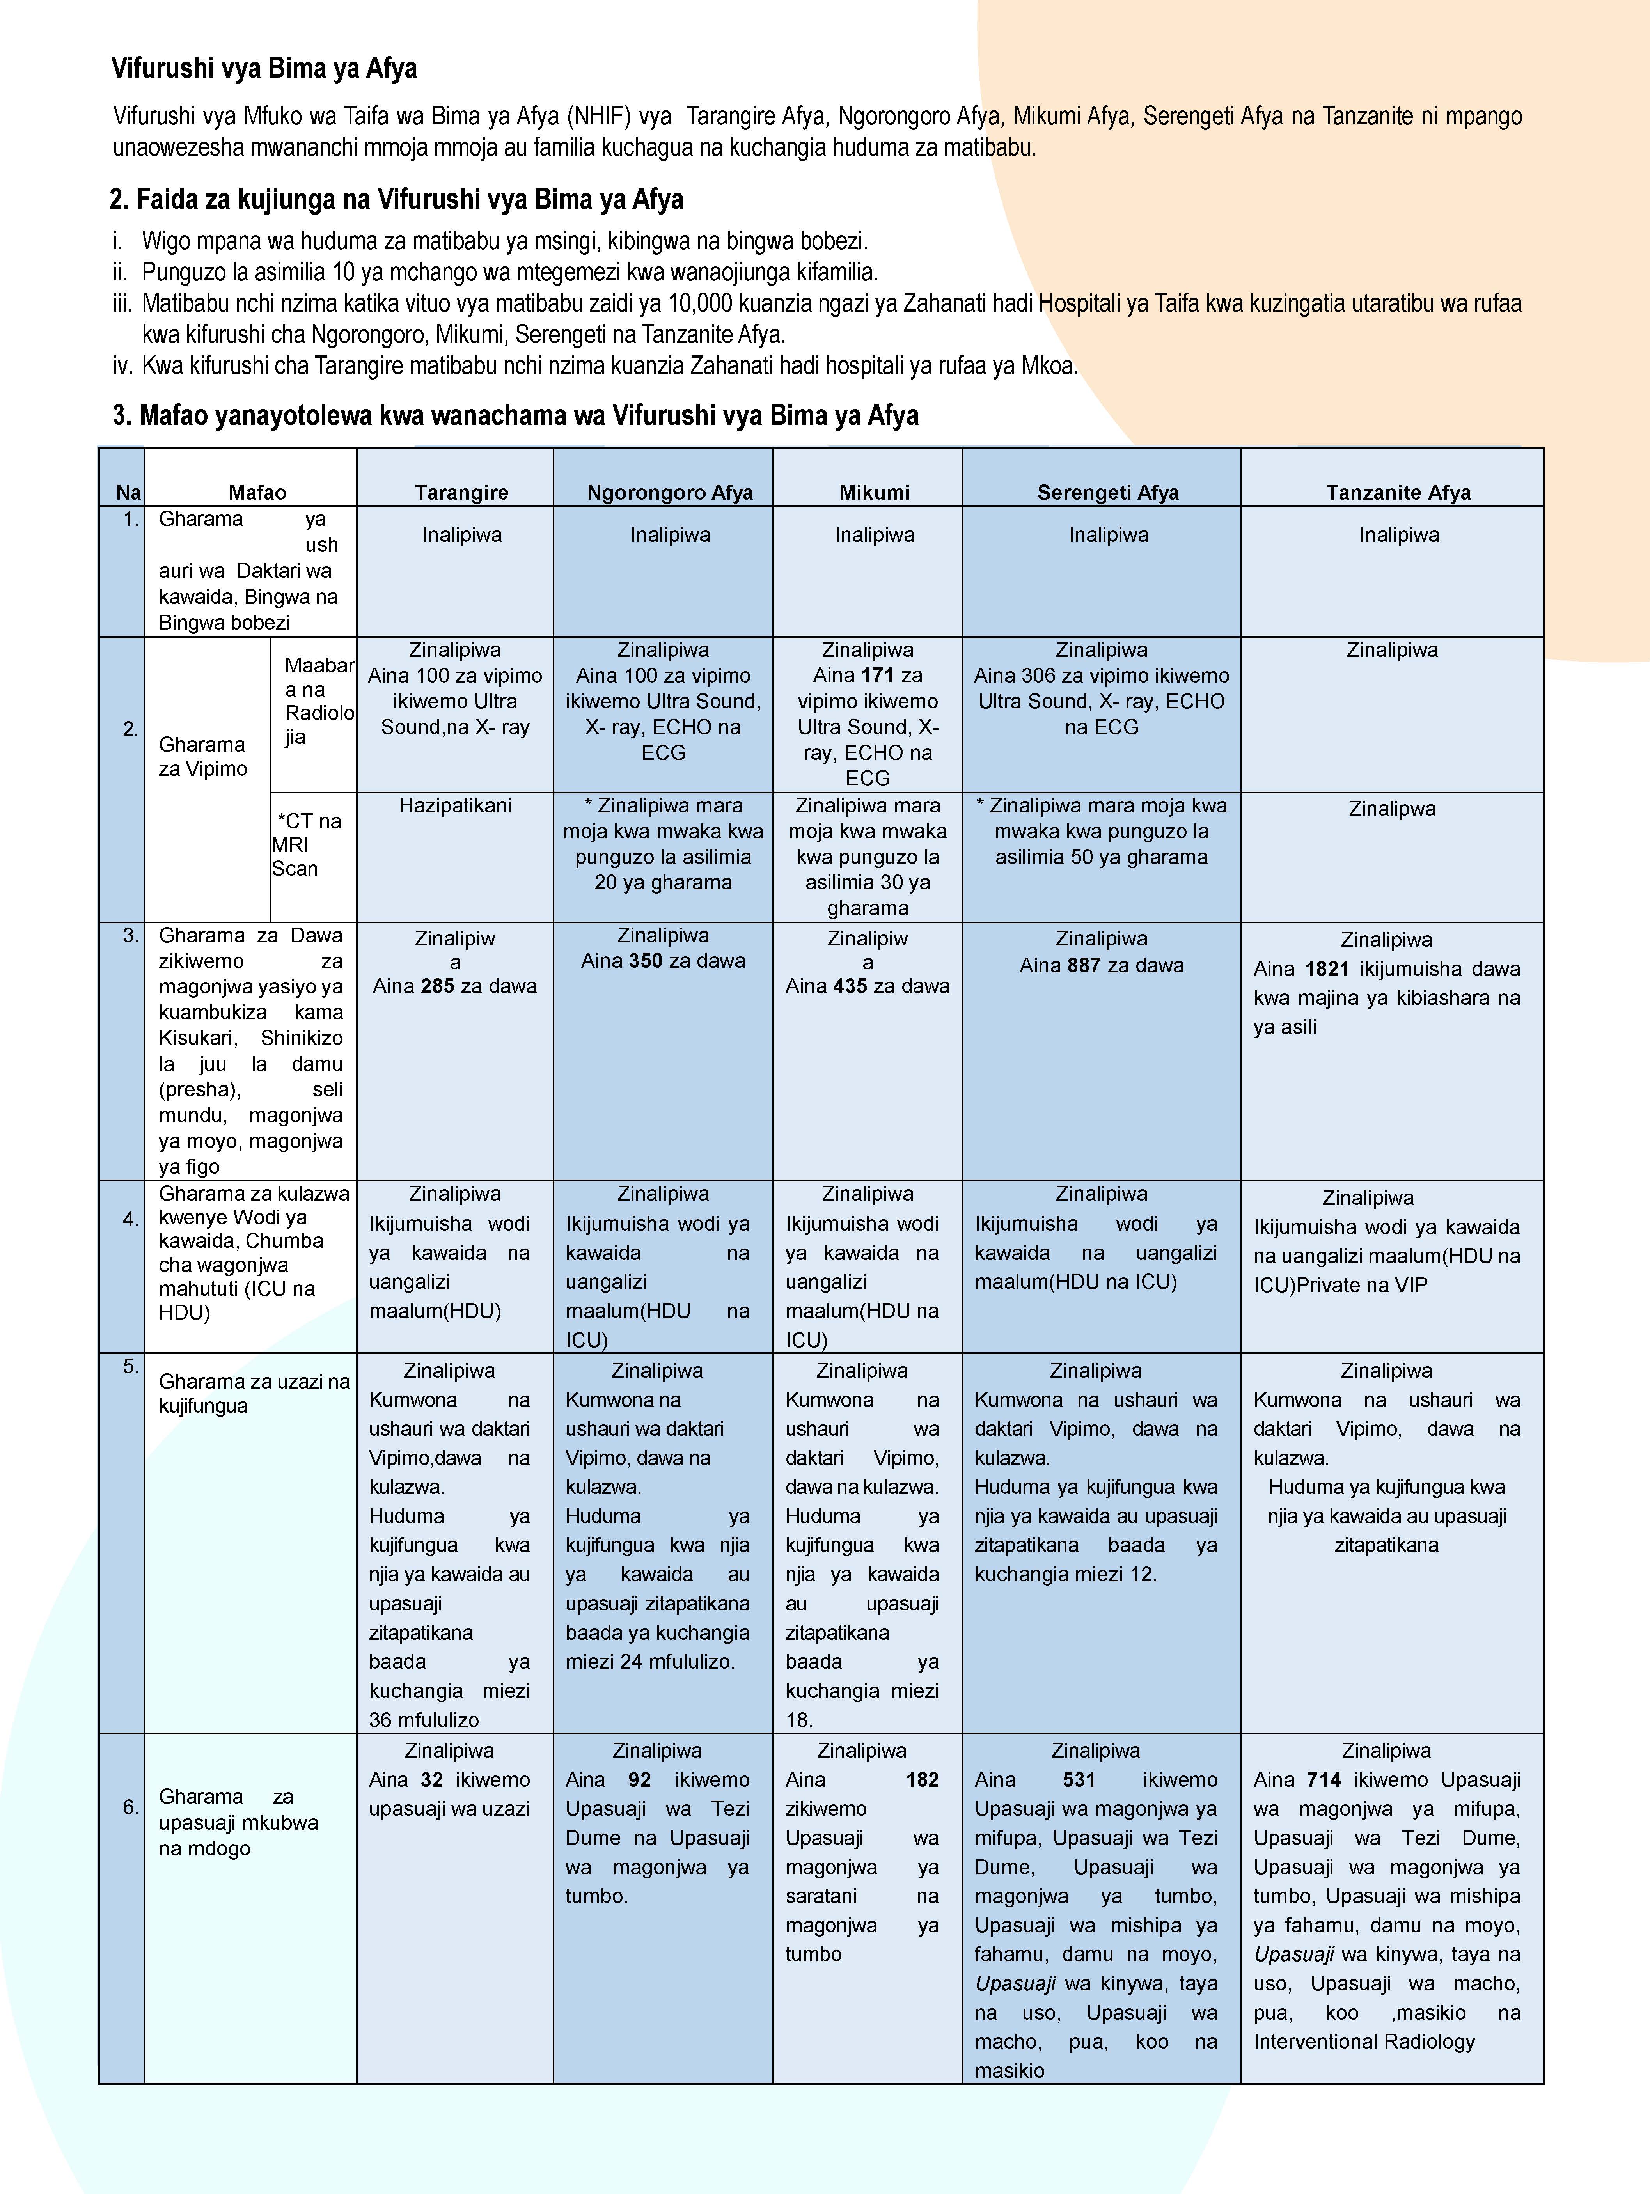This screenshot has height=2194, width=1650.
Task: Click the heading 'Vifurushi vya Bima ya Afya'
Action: click(264, 68)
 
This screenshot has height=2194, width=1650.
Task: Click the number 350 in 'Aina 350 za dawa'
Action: click(646, 960)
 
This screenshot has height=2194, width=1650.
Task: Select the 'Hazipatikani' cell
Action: click(456, 805)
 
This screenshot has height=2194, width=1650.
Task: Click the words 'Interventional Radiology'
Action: click(1364, 2041)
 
